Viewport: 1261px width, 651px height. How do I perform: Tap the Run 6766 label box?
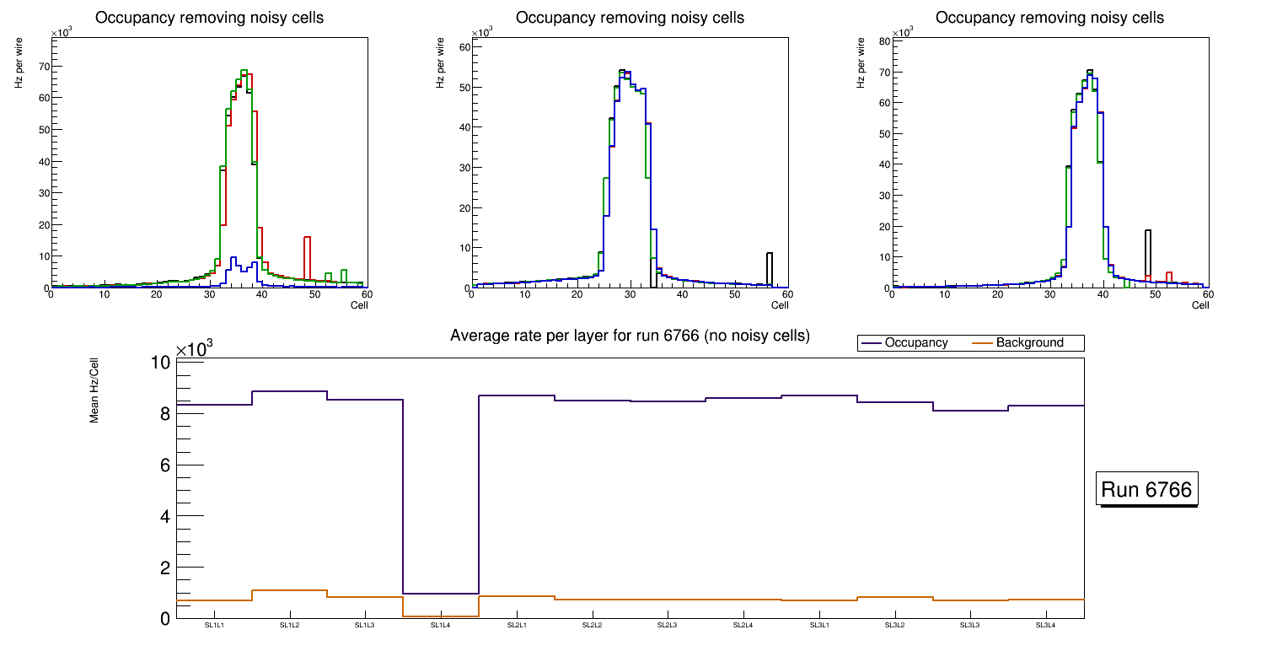pyautogui.click(x=1146, y=490)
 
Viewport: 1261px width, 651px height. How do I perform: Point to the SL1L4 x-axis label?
pyautogui.click(x=441, y=626)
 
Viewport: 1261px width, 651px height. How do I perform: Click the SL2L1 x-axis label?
pyautogui.click(x=517, y=626)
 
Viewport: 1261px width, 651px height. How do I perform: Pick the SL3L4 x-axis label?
pyautogui.click(x=1046, y=626)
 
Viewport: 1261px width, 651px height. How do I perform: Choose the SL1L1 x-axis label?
pyautogui.click(x=214, y=626)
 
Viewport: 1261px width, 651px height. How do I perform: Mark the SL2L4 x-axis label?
pyautogui.click(x=743, y=626)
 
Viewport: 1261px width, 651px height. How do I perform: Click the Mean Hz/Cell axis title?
pyautogui.click(x=95, y=397)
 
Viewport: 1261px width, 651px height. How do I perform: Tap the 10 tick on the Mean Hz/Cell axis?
pyautogui.click(x=160, y=363)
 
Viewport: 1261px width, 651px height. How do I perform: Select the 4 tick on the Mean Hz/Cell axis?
pyautogui.click(x=165, y=516)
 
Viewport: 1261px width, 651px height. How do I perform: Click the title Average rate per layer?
pyautogui.click(x=630, y=336)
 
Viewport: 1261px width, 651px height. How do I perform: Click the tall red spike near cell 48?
pyautogui.click(x=308, y=253)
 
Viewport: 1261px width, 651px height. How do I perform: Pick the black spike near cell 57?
pyautogui.click(x=769, y=266)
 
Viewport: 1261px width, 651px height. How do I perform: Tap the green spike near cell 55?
pyautogui.click(x=344, y=275)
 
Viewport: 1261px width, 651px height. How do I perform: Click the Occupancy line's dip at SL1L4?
pyautogui.click(x=441, y=594)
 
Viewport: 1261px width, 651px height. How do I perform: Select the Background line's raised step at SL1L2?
pyautogui.click(x=290, y=590)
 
